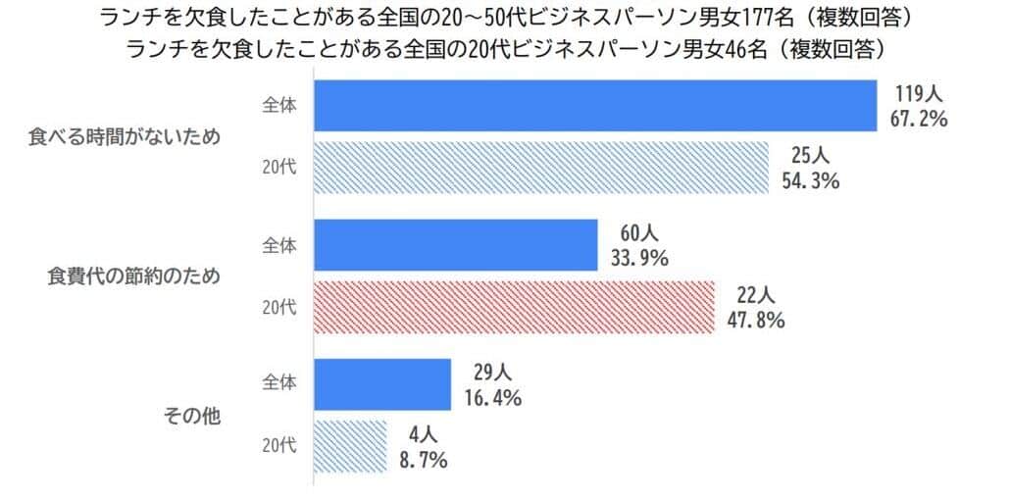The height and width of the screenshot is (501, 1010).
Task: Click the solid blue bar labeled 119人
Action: (594, 105)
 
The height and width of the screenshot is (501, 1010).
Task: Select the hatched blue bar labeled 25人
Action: (540, 167)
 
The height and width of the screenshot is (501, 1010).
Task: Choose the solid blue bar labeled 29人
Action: (381, 384)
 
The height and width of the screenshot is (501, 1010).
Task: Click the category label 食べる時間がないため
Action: (123, 137)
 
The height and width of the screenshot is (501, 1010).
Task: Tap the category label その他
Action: (191, 416)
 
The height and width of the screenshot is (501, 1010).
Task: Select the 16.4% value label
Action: (487, 399)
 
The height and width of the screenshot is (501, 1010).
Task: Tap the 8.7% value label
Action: (423, 460)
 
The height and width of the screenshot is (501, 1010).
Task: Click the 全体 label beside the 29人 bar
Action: (279, 382)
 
